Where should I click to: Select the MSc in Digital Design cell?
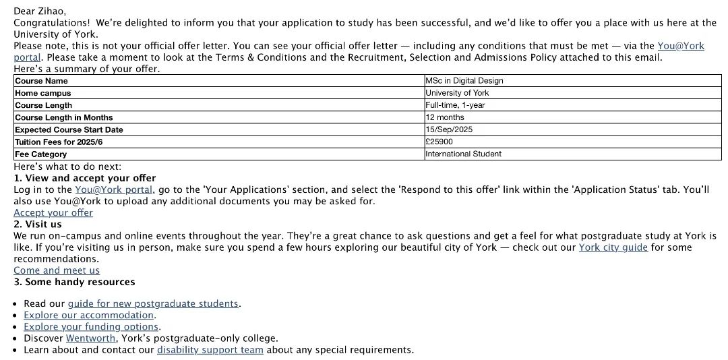click(464, 81)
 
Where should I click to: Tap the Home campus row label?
click(42, 93)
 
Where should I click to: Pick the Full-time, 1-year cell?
click(455, 105)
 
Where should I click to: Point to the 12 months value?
click(444, 117)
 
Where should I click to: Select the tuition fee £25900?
click(439, 142)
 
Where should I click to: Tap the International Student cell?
click(464, 154)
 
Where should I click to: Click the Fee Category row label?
click(40, 154)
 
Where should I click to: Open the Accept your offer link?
click(53, 213)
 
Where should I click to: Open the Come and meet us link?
click(57, 270)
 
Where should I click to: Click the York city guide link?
click(613, 247)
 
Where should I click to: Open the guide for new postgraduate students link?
click(153, 304)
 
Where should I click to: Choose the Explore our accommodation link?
click(89, 316)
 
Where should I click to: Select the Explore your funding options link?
click(92, 327)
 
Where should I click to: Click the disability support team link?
click(210, 350)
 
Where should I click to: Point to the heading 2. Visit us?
click(38, 224)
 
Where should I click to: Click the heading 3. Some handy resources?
click(74, 282)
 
